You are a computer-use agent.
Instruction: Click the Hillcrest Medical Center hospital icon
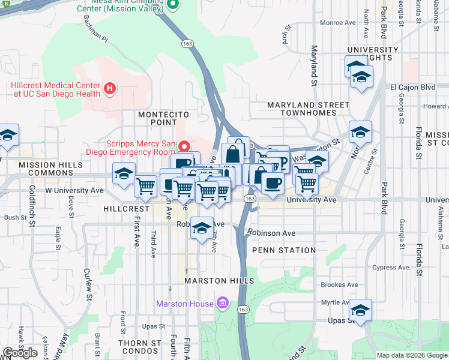(109, 89)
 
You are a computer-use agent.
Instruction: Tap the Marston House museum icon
(222, 304)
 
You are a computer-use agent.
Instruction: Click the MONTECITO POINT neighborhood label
(164, 119)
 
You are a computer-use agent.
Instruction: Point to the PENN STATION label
(284, 250)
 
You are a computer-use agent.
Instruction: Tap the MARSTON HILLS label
(220, 281)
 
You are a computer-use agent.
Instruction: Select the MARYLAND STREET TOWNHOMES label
(308, 109)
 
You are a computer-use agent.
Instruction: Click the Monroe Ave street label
(339, 23)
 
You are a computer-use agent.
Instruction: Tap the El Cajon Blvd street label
(412, 87)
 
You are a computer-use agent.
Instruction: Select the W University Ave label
(74, 190)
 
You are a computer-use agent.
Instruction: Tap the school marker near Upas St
(360, 311)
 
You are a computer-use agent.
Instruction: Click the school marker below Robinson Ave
(202, 229)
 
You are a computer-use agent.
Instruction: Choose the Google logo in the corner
(20, 353)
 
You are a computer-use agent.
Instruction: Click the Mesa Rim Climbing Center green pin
(173, 5)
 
